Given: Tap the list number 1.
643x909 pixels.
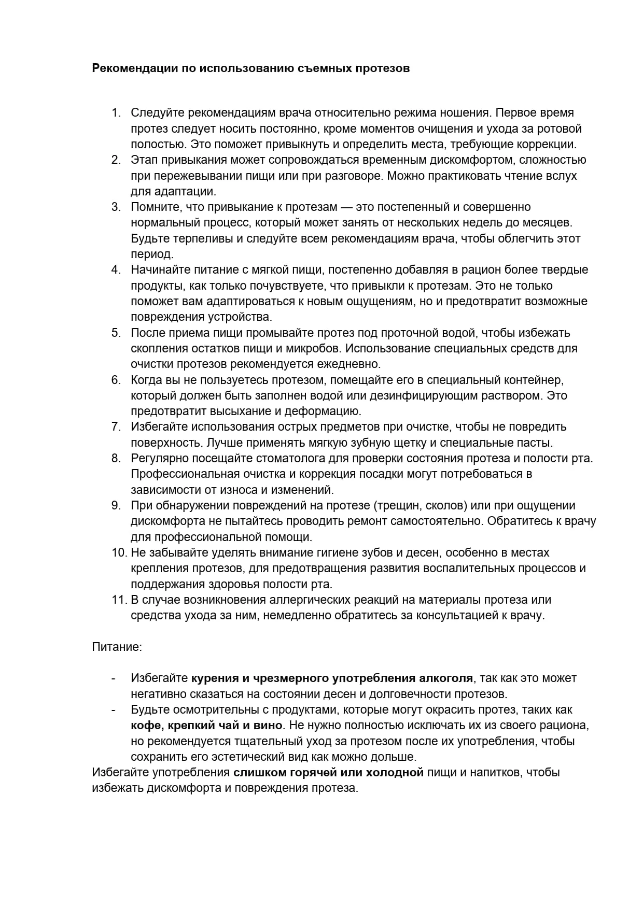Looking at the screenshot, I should tap(116, 113).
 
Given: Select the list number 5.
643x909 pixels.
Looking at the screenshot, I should tap(116, 333).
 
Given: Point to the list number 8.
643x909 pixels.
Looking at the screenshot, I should tap(116, 458).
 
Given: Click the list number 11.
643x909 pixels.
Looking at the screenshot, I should tap(119, 600).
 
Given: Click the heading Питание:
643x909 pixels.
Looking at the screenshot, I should tap(117, 647).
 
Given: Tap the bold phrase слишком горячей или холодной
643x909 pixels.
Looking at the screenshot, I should tap(329, 773).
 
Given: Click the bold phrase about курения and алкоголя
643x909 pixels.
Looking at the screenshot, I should tap(332, 678).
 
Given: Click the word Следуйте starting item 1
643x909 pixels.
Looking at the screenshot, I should tap(157, 113).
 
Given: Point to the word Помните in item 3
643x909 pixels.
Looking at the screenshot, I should tap(152, 207).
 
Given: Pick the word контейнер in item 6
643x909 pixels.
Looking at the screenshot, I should tap(535, 380).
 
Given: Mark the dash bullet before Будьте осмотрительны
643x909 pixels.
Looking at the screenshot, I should tap(114, 709).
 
